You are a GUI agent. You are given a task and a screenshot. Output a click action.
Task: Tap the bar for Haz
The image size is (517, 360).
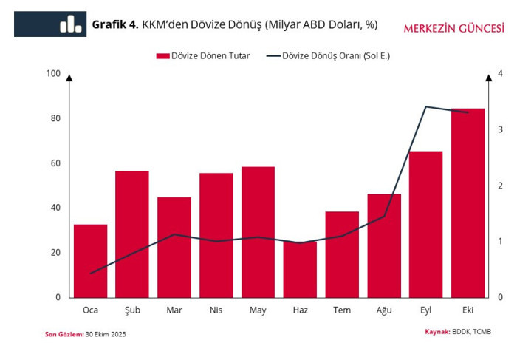coord(300,269)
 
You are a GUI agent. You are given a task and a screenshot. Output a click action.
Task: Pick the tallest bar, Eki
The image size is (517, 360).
coord(468,203)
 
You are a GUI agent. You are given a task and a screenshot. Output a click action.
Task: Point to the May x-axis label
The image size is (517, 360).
coord(258,310)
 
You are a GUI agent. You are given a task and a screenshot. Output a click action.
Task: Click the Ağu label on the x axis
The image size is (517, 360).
coord(384,310)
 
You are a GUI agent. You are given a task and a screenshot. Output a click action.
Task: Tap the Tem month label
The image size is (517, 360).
coord(342,310)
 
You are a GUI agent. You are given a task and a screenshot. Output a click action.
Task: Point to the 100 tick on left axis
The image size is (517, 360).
coord(53,74)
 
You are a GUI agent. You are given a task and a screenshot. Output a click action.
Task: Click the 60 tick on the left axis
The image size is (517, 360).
coord(55,163)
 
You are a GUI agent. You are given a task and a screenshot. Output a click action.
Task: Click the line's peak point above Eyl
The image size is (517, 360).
coord(426,106)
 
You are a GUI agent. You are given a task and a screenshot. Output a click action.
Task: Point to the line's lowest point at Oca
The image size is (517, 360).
coord(90,274)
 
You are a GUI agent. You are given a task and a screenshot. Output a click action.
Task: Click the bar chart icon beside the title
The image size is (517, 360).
coord(71,24)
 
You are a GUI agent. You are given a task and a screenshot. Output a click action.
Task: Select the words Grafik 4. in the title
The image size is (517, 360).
coord(115,24)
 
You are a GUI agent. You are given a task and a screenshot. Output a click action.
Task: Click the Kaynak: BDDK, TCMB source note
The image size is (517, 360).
coord(458,331)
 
